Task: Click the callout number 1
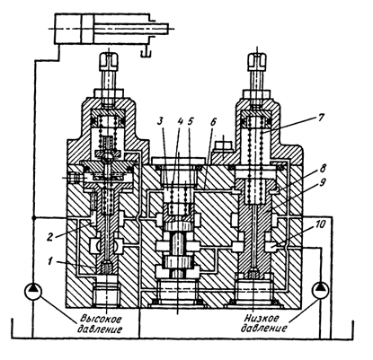(51, 261)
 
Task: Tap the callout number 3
(161, 121)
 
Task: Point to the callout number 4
(180, 121)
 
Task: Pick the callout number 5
(191, 121)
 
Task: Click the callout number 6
(213, 122)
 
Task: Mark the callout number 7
(320, 117)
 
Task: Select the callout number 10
(320, 224)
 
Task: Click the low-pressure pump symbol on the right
(320, 290)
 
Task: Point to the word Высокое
(102, 319)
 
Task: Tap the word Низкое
(262, 318)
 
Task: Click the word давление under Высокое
(100, 329)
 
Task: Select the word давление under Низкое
(263, 328)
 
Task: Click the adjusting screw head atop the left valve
(109, 61)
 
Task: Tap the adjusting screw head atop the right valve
(257, 61)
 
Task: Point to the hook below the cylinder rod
(146, 50)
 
